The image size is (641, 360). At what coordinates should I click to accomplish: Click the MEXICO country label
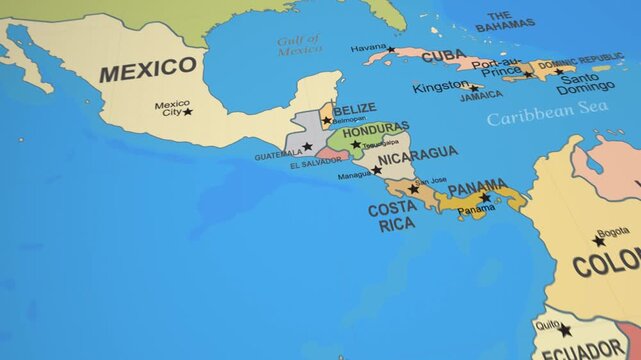[x=148, y=70]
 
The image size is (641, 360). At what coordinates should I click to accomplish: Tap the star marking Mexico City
[x=187, y=111]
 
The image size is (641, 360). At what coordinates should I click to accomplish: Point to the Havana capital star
[x=391, y=49]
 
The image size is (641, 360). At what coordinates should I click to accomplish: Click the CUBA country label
[x=444, y=57]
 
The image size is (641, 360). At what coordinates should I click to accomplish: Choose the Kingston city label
[x=439, y=87]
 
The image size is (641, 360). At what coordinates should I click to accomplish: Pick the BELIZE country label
[x=354, y=109]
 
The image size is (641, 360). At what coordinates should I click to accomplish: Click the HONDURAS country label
[x=375, y=131]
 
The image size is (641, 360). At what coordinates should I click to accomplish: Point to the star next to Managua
[x=377, y=170]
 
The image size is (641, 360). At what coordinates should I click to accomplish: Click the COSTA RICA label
[x=391, y=217]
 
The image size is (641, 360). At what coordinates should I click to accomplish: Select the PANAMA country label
[x=477, y=188]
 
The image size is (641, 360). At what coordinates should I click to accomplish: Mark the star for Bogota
[x=598, y=241]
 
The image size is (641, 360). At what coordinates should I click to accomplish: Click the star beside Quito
[x=565, y=329]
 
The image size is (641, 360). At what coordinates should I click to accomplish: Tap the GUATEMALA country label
[x=278, y=155]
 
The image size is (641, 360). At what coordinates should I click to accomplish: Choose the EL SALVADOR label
[x=314, y=165]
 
